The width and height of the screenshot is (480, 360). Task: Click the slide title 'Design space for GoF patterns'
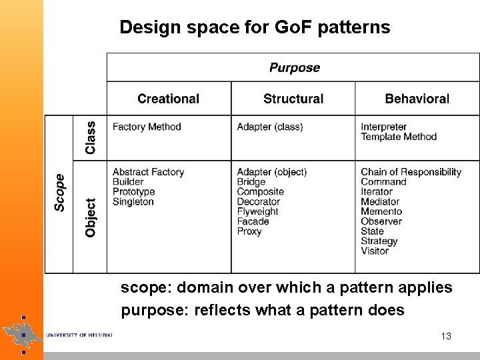coord(255,27)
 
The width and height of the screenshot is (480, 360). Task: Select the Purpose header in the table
coord(294,67)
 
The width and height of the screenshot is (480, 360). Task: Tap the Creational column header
coord(168,99)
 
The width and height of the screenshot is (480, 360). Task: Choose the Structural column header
coord(293,99)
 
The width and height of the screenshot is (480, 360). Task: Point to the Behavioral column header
coord(417,99)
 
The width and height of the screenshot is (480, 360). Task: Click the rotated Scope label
coord(59,193)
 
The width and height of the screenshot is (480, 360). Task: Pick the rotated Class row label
coord(91,137)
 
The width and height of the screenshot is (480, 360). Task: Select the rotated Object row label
coord(91,217)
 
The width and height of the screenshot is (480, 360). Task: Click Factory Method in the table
coord(147,127)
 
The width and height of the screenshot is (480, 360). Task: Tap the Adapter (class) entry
coord(269,127)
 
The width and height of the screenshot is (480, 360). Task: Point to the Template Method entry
coord(399,137)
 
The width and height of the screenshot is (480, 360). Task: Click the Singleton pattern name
coord(133,201)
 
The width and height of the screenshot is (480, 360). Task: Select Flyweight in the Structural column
coord(257,211)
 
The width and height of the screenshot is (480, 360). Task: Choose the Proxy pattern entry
coord(249,231)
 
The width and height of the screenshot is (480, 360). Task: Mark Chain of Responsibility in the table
coord(411,172)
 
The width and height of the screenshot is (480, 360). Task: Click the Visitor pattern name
coord(375,251)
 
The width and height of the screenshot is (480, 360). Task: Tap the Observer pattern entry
coord(381,221)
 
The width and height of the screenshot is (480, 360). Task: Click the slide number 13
coord(446,336)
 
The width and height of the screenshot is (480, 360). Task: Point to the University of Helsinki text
coord(79,335)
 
